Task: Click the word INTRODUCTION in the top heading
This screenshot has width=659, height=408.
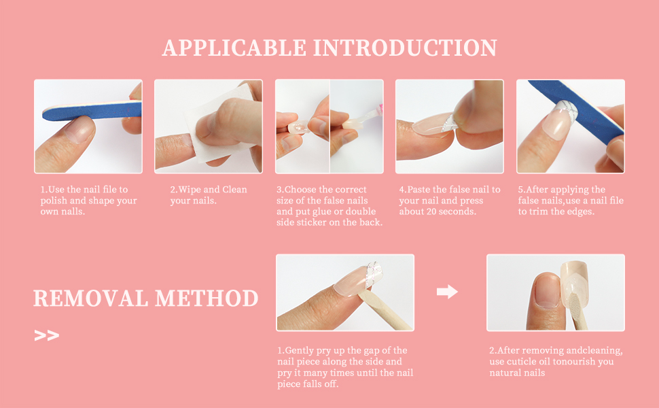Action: tap(405, 48)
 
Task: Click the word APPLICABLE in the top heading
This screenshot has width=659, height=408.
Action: tap(234, 48)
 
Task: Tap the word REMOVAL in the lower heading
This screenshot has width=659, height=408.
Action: tap(90, 299)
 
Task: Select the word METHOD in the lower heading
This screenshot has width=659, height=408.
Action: tap(207, 299)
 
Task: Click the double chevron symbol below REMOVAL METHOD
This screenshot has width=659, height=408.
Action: tap(47, 335)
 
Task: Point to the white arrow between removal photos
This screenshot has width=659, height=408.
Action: tap(447, 291)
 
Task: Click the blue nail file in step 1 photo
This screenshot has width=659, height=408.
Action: tap(92, 111)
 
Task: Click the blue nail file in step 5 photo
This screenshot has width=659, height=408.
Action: tap(577, 112)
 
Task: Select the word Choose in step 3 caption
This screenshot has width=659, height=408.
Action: tap(300, 189)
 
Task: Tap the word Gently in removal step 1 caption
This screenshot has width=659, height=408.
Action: tap(299, 351)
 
